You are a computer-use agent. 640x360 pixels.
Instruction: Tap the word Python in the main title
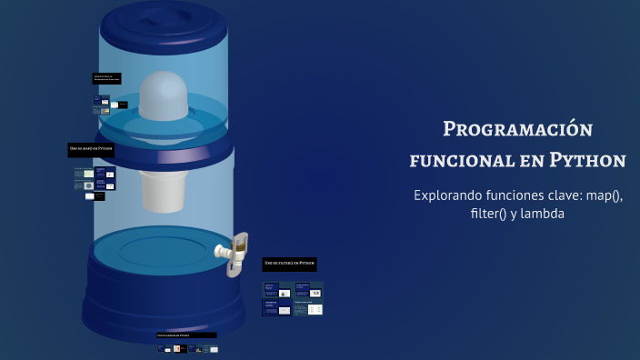coord(588,160)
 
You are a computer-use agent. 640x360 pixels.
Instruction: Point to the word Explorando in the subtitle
coord(450,195)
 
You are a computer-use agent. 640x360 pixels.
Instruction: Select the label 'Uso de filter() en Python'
coord(289,263)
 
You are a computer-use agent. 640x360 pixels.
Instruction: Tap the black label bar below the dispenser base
coord(186,335)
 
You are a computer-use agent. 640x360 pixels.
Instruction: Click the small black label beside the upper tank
coord(106,78)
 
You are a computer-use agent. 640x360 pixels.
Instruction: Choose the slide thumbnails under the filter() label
coord(292,298)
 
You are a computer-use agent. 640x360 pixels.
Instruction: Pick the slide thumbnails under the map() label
coord(95,183)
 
